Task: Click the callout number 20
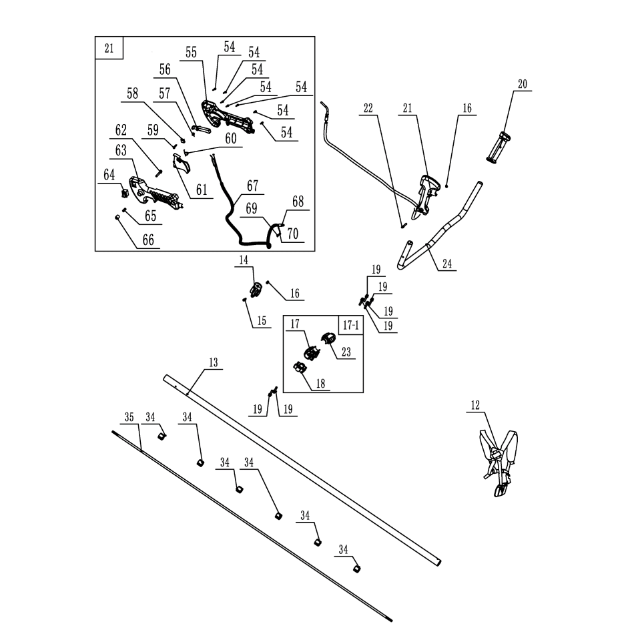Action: pyautogui.click(x=523, y=83)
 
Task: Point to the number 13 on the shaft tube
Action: pyautogui.click(x=213, y=362)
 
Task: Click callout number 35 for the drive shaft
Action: pyautogui.click(x=129, y=417)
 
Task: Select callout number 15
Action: pyautogui.click(x=261, y=321)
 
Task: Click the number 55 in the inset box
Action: pyautogui.click(x=192, y=53)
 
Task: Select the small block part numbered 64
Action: pyautogui.click(x=124, y=193)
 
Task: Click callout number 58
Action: pyautogui.click(x=133, y=94)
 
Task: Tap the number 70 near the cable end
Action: pyautogui.click(x=292, y=235)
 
